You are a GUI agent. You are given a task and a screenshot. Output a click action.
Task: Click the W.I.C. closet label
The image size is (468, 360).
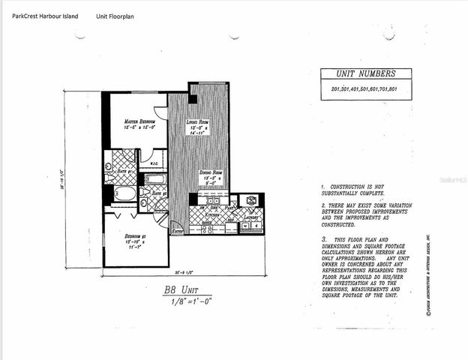(x=153, y=163)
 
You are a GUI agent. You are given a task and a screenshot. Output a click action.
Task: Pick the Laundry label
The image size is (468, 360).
(x=250, y=217)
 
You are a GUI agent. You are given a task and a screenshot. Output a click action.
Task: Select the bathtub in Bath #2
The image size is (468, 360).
(x=155, y=180)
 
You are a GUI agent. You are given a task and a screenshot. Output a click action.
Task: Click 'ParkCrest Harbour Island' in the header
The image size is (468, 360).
(x=46, y=14)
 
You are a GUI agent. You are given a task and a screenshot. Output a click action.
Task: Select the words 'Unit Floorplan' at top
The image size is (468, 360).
(x=116, y=14)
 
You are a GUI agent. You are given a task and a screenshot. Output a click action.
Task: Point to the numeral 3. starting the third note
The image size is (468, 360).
(x=322, y=237)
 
